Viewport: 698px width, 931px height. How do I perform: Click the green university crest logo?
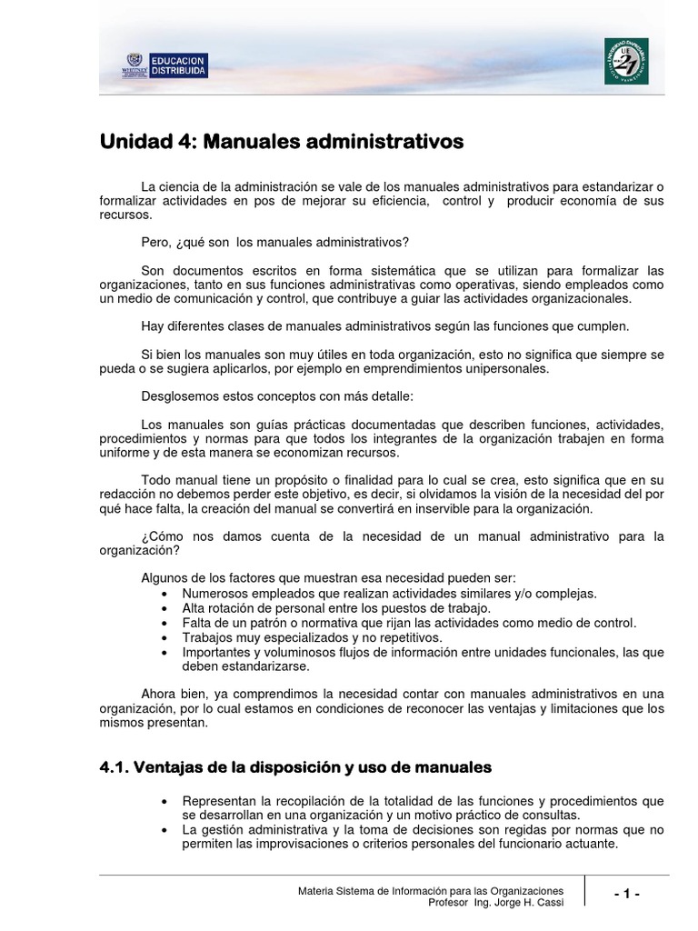(x=626, y=62)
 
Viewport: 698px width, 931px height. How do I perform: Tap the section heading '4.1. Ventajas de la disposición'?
(x=294, y=767)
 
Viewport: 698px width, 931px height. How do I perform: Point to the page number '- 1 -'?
(x=627, y=895)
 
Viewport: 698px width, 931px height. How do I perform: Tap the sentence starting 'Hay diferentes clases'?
(x=385, y=325)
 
